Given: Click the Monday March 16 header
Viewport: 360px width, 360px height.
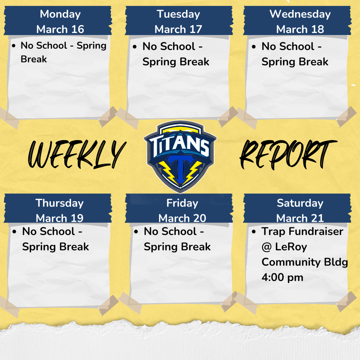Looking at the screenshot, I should tap(60, 21).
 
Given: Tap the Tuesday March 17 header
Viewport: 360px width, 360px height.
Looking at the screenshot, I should tap(179, 21).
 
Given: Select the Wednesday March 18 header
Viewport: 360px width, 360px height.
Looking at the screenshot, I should tap(300, 21).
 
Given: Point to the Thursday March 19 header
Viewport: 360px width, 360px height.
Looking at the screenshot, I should tap(59, 210).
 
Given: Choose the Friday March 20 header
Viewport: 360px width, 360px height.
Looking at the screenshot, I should tap(182, 210).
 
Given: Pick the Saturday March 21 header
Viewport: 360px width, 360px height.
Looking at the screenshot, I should tap(300, 210).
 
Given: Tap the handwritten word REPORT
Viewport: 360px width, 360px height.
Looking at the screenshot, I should tap(288, 154).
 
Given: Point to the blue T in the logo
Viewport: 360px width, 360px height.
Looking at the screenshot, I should tap(180, 168).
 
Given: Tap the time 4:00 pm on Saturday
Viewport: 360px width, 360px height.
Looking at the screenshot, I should tap(282, 277).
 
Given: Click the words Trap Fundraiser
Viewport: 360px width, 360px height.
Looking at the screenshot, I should tap(302, 231).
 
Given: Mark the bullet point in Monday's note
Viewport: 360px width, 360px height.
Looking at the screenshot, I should tap(14, 46).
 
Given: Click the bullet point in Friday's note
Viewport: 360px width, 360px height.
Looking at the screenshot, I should tap(136, 232).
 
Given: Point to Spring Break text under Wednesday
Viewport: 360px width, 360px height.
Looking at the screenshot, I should tap(295, 62).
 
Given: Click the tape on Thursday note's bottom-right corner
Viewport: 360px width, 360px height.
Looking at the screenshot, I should tap(108, 305).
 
